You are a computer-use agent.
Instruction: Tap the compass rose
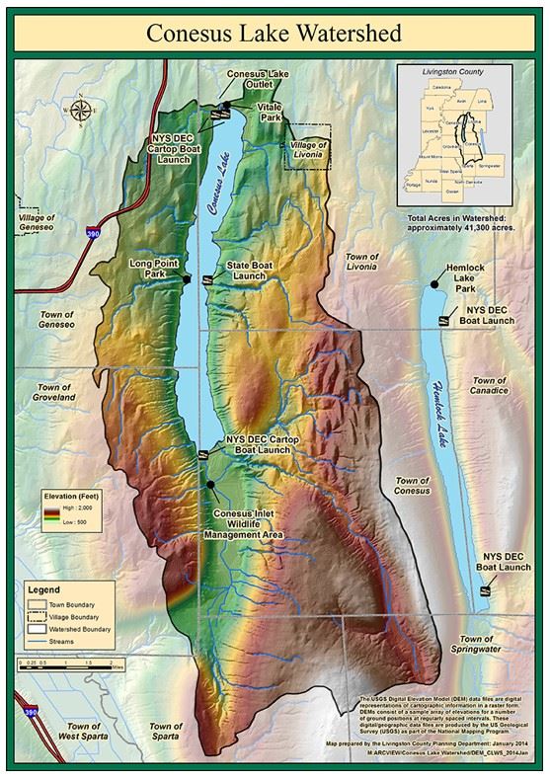click(x=80, y=110)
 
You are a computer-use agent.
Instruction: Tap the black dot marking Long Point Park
click(x=186, y=280)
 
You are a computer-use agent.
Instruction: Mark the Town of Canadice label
click(x=489, y=385)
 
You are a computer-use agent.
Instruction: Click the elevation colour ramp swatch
click(x=47, y=512)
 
